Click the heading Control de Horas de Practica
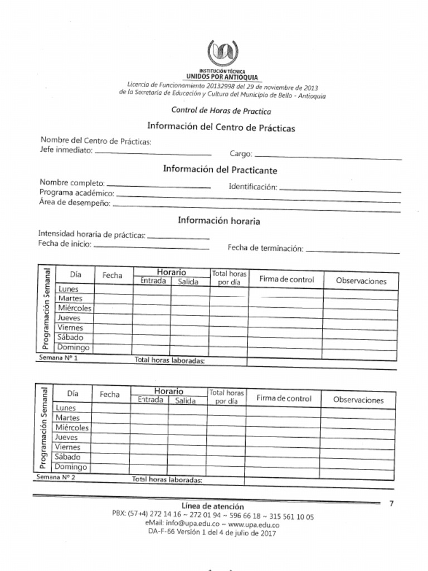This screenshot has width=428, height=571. [x=221, y=110]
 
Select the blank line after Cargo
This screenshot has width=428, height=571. [x=328, y=156]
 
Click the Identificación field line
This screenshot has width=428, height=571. [x=339, y=190]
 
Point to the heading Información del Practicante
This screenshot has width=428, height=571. [x=220, y=170]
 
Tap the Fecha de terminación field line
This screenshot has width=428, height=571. [x=352, y=251]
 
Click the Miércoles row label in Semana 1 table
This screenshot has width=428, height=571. [x=75, y=308]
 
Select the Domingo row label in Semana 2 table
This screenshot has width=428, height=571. [x=71, y=467]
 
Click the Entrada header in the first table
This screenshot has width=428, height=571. [x=153, y=281]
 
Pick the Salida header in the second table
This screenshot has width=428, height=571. [x=186, y=400]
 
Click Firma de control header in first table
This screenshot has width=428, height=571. [x=286, y=279]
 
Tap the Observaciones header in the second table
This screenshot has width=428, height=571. [x=358, y=400]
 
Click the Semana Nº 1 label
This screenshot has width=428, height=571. [x=58, y=358]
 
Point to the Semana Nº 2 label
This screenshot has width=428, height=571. [x=56, y=478]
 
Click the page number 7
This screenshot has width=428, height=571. [x=391, y=504]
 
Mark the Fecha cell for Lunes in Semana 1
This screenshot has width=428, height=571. [x=113, y=289]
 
